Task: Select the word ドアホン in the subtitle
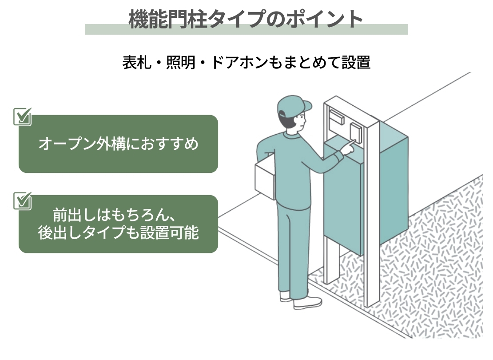click(239, 62)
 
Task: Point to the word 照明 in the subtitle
click(181, 62)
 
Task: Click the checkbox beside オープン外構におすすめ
click(23, 116)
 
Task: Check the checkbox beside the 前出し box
click(23, 201)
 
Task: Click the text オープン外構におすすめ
click(118, 144)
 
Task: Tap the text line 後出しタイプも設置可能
click(118, 232)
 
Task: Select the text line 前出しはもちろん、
click(114, 215)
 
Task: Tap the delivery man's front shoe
click(307, 303)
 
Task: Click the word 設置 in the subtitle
click(356, 62)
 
